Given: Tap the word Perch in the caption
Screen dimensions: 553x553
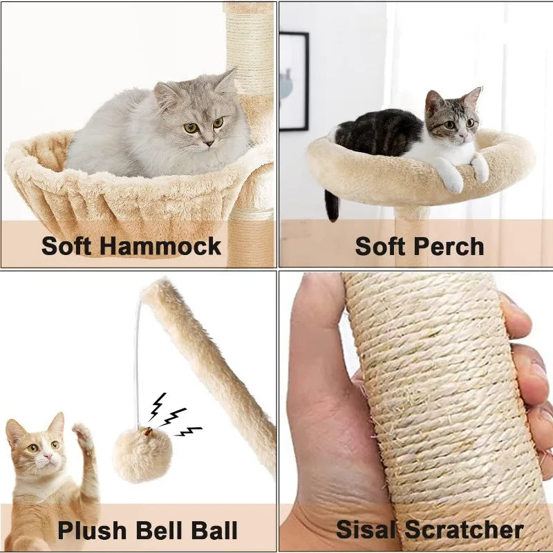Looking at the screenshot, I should pyautogui.click(x=449, y=245).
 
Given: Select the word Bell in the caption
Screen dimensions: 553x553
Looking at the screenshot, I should pyautogui.click(x=172, y=530).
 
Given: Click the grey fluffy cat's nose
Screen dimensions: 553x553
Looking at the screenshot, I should pyautogui.click(x=207, y=142).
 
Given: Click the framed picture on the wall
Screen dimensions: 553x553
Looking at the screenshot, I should pyautogui.click(x=294, y=81).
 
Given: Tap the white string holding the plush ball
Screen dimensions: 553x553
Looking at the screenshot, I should pyautogui.click(x=138, y=359).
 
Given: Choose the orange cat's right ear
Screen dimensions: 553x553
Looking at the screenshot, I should pyautogui.click(x=57, y=423).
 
